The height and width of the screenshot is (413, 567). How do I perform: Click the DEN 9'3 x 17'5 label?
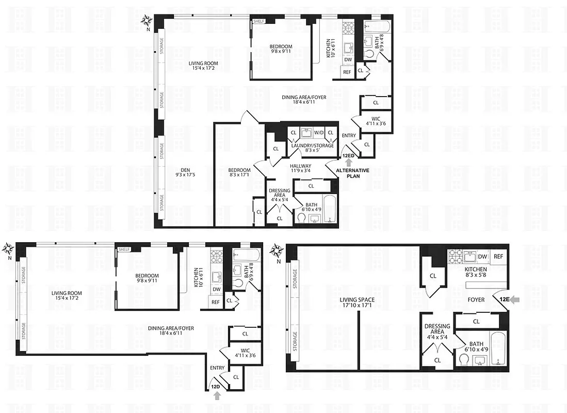click(x=183, y=174)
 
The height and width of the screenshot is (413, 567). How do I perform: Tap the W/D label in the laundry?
click(x=318, y=133)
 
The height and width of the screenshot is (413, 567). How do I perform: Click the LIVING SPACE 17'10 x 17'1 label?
click(x=357, y=303)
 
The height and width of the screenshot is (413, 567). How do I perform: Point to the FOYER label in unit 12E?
click(x=476, y=299)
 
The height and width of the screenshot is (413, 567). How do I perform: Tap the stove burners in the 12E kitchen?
click(x=457, y=256)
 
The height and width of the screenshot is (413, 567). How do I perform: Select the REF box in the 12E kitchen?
click(x=498, y=257)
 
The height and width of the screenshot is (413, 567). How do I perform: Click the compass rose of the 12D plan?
click(x=8, y=249)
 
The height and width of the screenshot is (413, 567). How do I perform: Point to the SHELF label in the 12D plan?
click(x=124, y=249)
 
